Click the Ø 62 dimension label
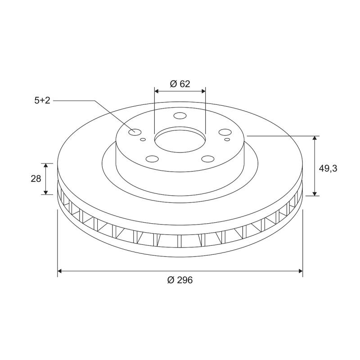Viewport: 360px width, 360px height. click(x=180, y=84)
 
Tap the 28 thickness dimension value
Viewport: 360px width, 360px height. click(x=36, y=179)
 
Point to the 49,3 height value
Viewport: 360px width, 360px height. click(x=328, y=168)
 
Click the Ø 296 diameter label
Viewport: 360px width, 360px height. click(x=180, y=280)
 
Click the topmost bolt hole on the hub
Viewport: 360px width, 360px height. click(x=180, y=115)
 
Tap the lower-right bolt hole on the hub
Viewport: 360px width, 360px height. click(x=207, y=158)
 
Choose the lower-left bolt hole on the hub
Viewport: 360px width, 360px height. click(x=153, y=158)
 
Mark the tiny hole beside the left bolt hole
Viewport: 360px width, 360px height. click(x=143, y=139)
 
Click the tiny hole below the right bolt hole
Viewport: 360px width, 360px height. click(x=227, y=139)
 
